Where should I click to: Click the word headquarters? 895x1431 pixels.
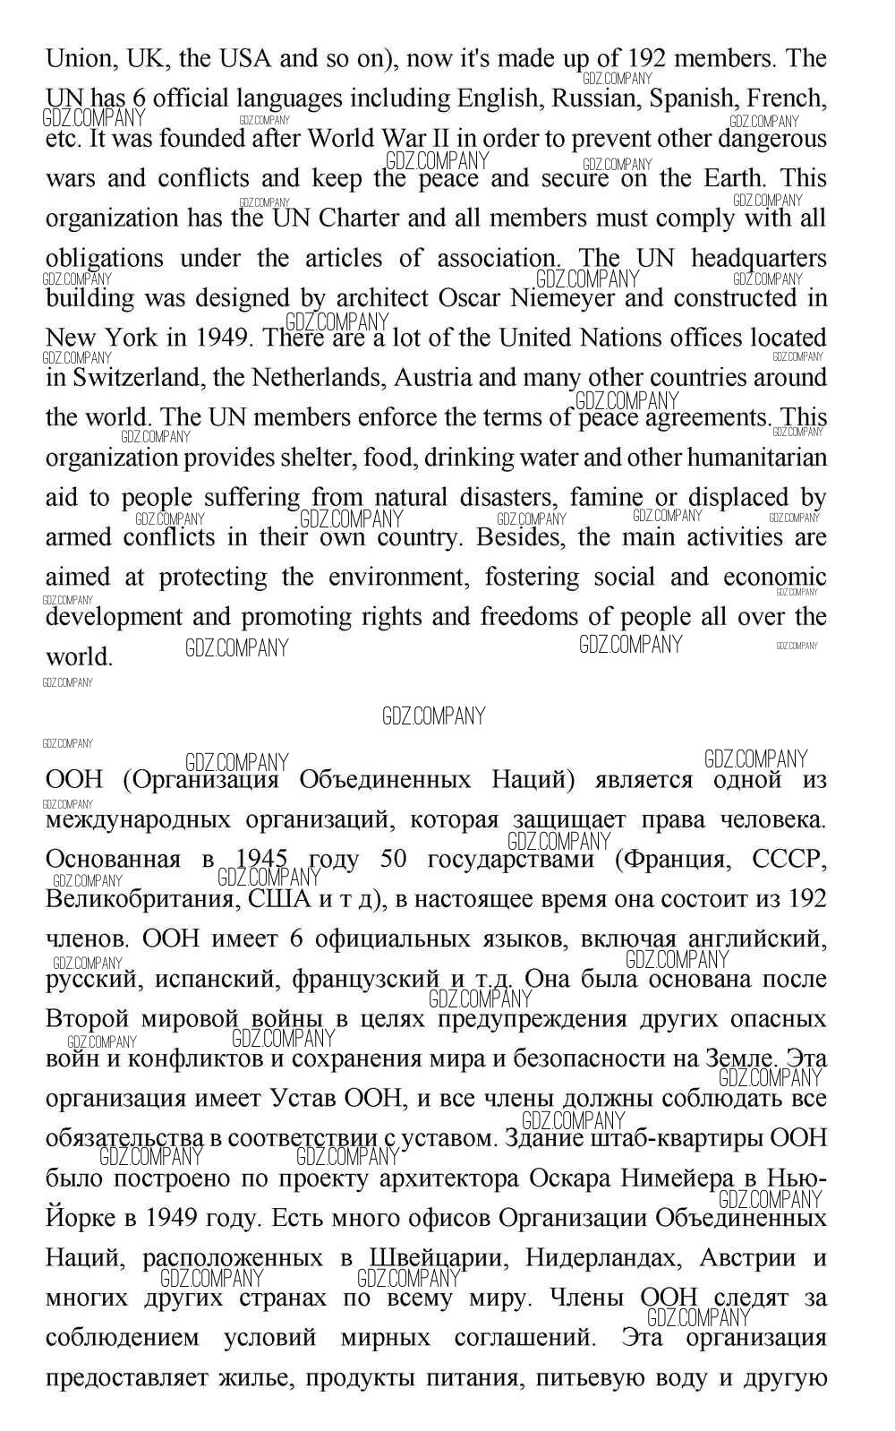[759, 259]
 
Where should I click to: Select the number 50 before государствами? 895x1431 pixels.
[394, 860]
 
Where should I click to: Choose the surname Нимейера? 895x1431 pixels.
[660, 1178]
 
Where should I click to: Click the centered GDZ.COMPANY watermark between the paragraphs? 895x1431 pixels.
[433, 716]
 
